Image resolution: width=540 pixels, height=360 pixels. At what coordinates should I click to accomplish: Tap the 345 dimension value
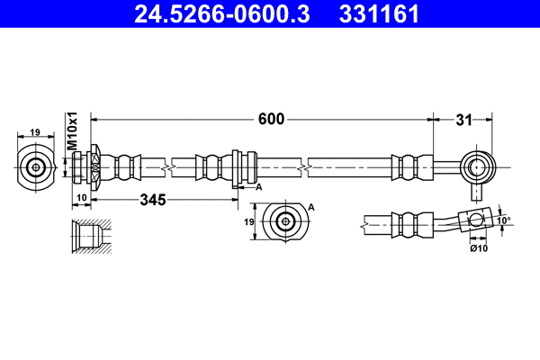154,200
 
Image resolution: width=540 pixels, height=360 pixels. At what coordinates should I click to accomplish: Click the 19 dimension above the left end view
35,132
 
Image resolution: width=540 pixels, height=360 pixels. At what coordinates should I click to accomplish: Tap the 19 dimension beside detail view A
249,221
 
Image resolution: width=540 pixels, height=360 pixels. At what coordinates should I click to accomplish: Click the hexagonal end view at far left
36,166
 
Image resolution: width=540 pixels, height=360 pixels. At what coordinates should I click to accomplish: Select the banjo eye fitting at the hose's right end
476,166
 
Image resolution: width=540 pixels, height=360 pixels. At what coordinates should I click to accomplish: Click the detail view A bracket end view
285,221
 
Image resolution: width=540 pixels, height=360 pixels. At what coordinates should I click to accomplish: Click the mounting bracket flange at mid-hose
235,167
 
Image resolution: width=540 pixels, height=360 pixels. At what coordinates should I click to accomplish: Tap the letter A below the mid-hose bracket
258,186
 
